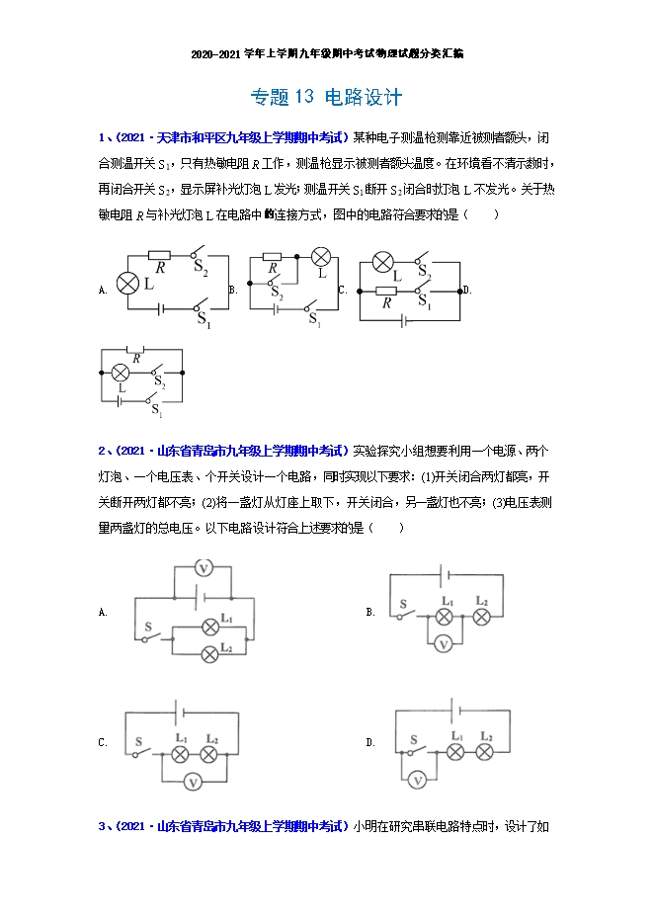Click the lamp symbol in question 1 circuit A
[126, 284]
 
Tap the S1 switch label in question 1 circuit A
[204, 319]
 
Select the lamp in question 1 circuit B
[320, 258]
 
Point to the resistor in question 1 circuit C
[386, 291]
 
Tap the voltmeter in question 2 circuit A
[203, 567]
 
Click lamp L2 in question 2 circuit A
[208, 652]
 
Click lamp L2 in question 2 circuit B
[481, 617]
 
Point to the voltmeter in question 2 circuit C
[194, 781]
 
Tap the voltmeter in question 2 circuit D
[418, 781]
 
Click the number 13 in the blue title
[301, 97]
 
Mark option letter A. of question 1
[103, 290]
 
